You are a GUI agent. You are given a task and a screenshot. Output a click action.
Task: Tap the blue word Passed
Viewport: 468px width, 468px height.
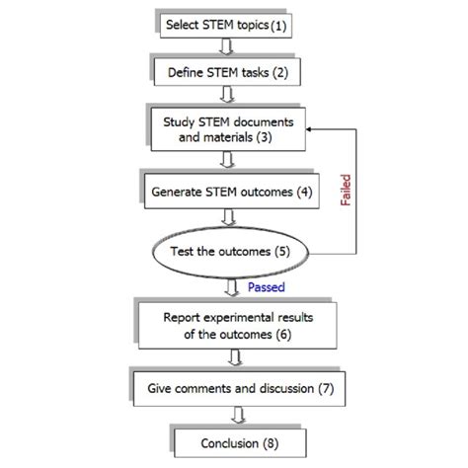pos(267,288)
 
